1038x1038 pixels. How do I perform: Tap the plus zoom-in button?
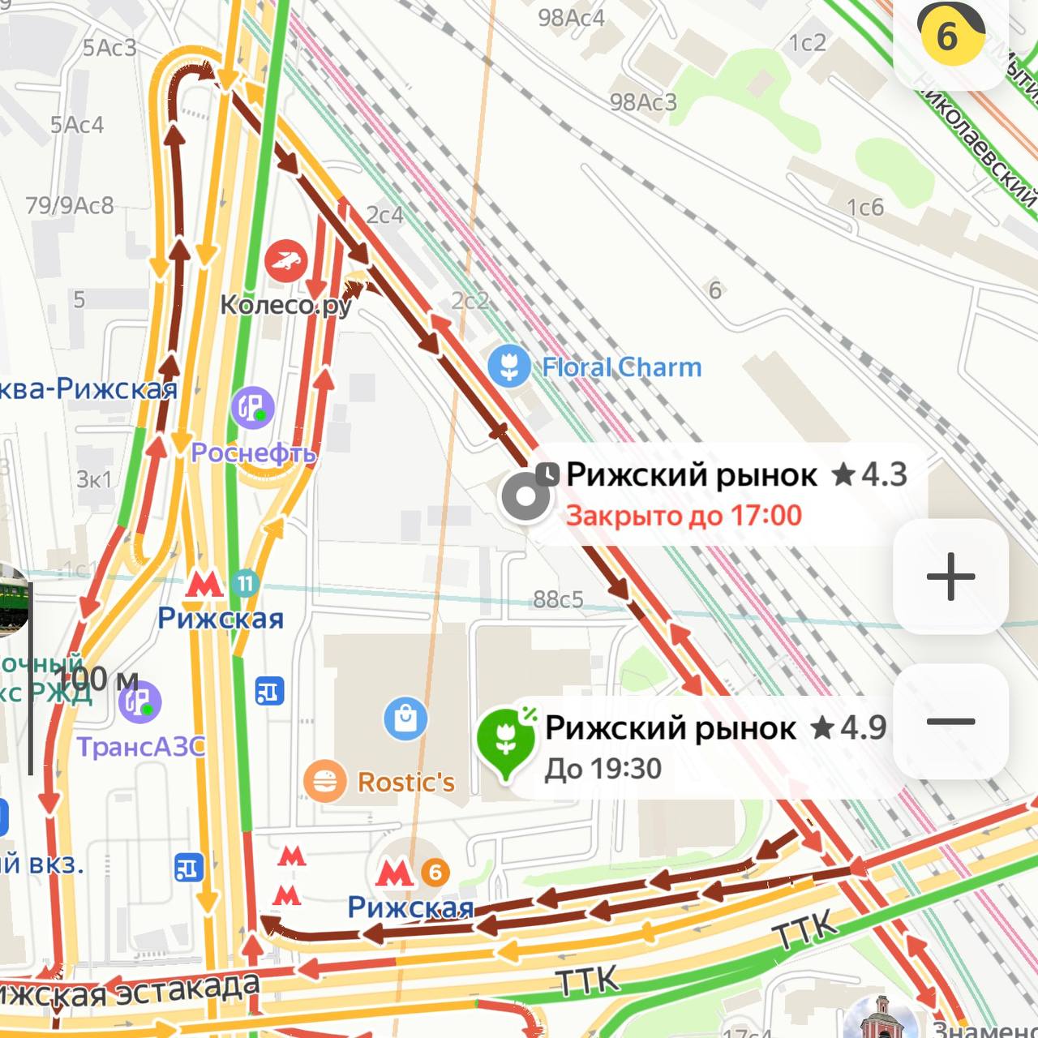(950, 577)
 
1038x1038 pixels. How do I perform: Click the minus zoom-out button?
(950, 721)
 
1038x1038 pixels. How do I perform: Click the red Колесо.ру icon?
(285, 260)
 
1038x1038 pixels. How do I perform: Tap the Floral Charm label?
(621, 367)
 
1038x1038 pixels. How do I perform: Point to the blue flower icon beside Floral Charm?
(509, 367)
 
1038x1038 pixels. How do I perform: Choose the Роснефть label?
(253, 453)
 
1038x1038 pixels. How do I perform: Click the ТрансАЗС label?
(141, 746)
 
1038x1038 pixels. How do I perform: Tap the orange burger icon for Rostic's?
(324, 782)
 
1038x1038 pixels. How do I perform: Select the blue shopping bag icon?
(405, 718)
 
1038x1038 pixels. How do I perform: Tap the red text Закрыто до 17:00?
(684, 516)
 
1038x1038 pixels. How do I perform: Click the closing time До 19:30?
(603, 769)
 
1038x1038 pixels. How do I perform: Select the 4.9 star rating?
(848, 727)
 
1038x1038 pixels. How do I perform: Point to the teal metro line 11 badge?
(245, 582)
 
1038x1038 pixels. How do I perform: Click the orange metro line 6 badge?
(435, 872)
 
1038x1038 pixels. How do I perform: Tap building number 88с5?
(558, 599)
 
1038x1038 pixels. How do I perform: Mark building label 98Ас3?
(643, 102)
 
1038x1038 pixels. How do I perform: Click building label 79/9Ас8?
(70, 205)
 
